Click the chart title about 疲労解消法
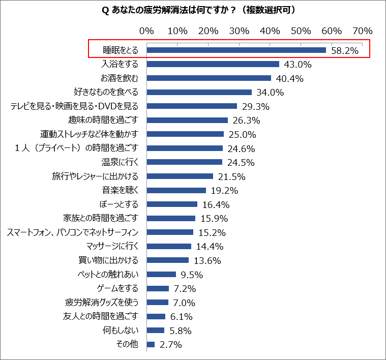click(193, 10)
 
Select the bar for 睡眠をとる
click(236, 50)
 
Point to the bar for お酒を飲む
click(209, 78)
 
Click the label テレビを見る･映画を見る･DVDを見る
click(74, 106)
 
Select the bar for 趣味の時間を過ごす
click(187, 120)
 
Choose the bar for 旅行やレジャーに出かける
click(180, 176)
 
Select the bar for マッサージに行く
click(169, 246)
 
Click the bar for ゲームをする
click(158, 288)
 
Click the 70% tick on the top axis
click(363, 31)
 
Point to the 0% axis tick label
click(146, 31)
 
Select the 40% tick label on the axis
click(270, 31)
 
